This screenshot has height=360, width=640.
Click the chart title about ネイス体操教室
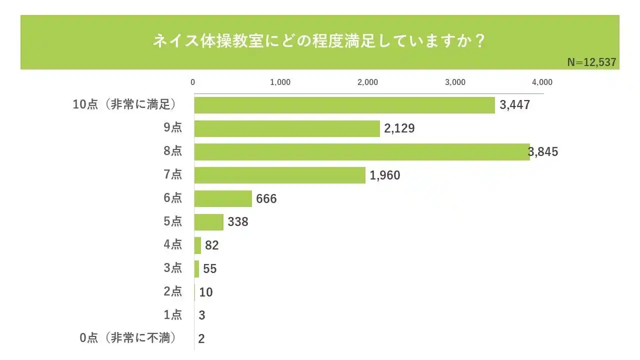[x=319, y=41]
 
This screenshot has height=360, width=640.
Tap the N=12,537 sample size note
[x=591, y=62]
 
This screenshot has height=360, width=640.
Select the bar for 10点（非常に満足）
[x=344, y=105]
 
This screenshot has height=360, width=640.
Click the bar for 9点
[x=287, y=128]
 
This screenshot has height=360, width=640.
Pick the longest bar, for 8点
[x=361, y=152]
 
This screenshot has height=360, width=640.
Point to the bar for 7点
[x=280, y=175]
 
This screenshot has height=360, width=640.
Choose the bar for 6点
[x=223, y=198]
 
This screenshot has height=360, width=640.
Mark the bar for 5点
[x=209, y=221]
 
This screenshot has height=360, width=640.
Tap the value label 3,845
[x=544, y=152]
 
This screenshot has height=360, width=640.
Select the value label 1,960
[x=385, y=175]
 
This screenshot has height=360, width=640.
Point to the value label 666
[x=266, y=198]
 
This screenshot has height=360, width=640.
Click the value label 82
[x=212, y=245]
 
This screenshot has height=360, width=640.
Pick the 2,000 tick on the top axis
[x=367, y=82]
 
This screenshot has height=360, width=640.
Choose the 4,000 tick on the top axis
[x=542, y=82]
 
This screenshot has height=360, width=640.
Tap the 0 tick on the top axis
[x=193, y=82]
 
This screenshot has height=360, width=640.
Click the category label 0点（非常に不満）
[x=129, y=338]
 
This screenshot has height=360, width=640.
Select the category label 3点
[x=173, y=268]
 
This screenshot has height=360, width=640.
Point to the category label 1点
[x=173, y=315]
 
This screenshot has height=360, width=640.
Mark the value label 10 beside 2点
[x=205, y=292]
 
